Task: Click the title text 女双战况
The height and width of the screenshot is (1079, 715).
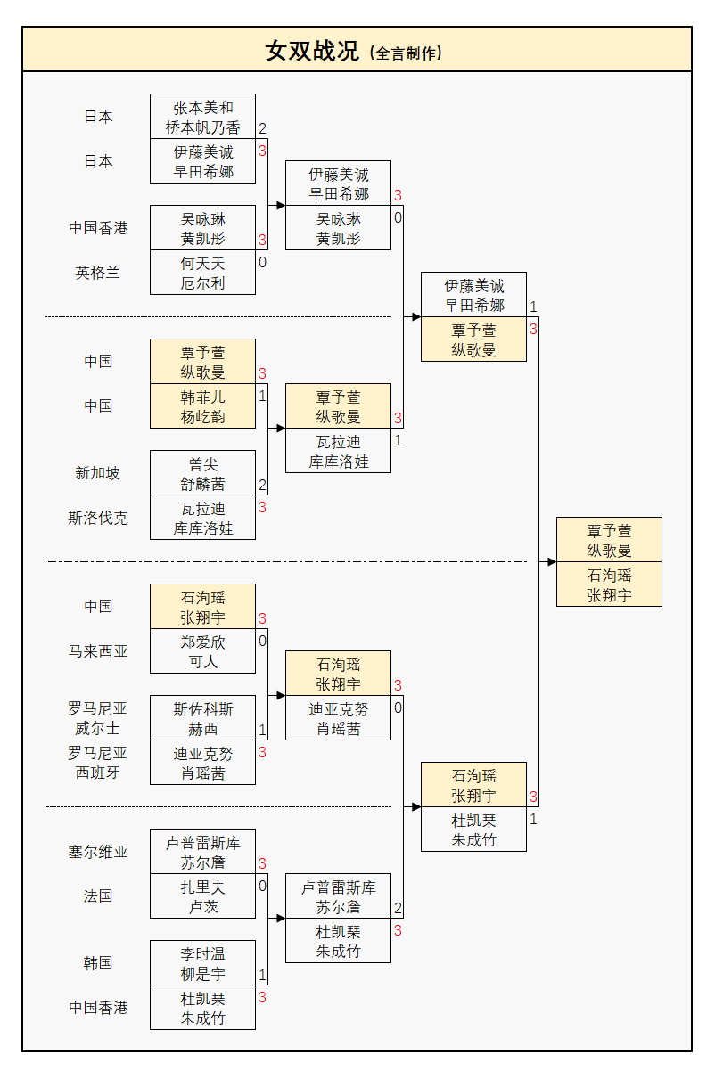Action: (x=312, y=51)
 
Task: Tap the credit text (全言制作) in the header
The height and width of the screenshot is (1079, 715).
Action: (x=406, y=53)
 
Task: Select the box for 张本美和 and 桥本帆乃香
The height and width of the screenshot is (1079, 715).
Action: (x=202, y=117)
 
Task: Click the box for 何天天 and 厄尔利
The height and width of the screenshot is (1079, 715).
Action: (x=202, y=273)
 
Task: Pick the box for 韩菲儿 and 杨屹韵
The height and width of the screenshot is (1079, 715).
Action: (x=202, y=406)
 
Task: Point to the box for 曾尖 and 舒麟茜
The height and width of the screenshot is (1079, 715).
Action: (x=202, y=473)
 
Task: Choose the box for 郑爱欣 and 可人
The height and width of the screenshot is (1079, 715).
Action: (x=202, y=651)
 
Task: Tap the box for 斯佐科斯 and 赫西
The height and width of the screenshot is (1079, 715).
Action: (x=202, y=718)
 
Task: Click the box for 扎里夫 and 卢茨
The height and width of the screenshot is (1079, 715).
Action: (x=202, y=896)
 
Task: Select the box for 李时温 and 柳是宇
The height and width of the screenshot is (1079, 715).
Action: (x=202, y=963)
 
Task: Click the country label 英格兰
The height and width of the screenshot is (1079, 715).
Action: (x=98, y=273)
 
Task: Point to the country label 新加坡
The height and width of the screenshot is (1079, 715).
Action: (x=98, y=473)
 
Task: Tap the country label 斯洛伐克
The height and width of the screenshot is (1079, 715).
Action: (x=98, y=518)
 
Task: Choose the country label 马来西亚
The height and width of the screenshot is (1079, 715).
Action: (x=98, y=651)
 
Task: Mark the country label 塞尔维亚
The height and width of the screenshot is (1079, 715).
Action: (x=98, y=852)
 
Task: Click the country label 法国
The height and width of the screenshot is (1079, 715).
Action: (x=98, y=896)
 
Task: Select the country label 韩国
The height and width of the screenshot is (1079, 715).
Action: (x=98, y=963)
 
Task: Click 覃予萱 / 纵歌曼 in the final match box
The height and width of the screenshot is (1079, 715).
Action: (x=609, y=540)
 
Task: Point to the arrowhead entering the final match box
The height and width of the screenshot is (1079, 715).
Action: (x=551, y=562)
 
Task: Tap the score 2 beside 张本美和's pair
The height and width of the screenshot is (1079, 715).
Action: (x=262, y=129)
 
